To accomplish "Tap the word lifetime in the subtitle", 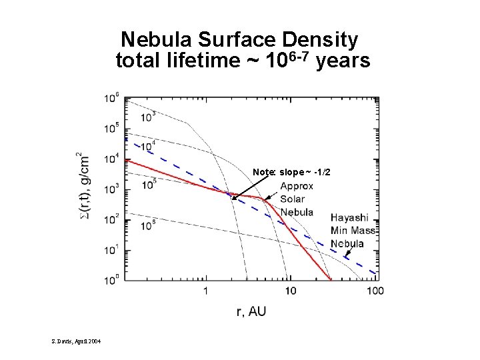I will [x=193, y=62].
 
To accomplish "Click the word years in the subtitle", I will [x=343, y=62].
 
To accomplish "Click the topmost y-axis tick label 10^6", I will [x=111, y=98].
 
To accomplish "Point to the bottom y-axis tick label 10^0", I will [x=111, y=278].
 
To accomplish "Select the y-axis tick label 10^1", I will [x=111, y=249].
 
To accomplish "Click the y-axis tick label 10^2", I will [x=111, y=219].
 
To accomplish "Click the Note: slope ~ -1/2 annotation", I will [x=291, y=173].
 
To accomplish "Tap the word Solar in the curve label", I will [x=292, y=199].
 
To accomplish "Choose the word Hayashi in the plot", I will [x=349, y=217].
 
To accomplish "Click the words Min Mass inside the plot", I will [x=353, y=230].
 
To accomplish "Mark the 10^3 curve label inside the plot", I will [x=149, y=117].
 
